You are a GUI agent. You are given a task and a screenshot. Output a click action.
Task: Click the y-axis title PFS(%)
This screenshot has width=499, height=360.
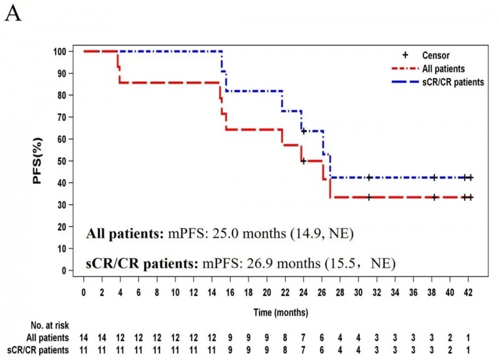[38, 162]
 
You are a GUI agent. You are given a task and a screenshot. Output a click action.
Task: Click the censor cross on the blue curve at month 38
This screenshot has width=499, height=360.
[434, 178]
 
